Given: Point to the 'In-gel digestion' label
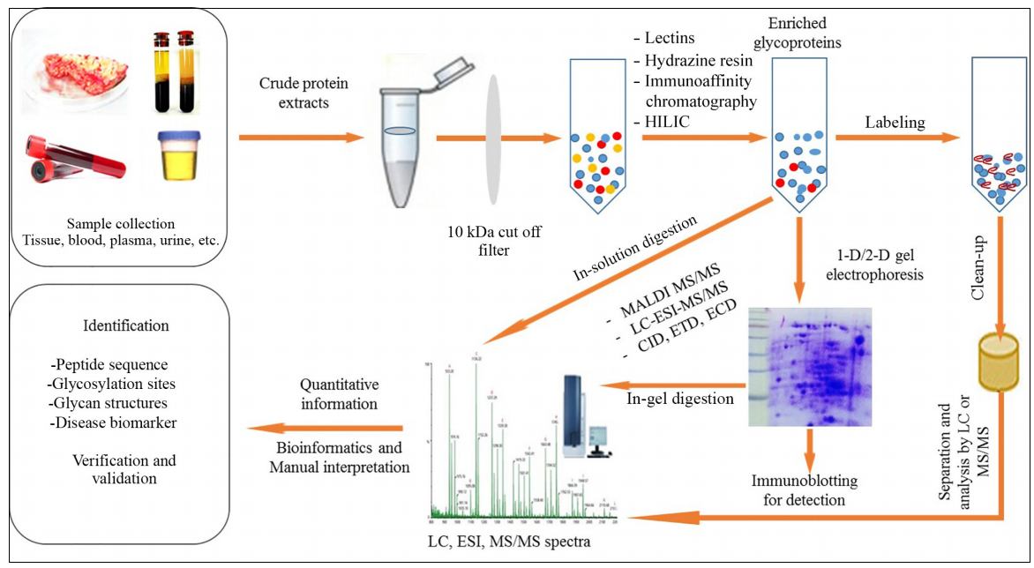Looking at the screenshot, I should point(679,398).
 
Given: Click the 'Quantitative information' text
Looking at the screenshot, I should point(340,394).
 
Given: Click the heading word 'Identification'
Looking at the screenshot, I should point(125,325).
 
